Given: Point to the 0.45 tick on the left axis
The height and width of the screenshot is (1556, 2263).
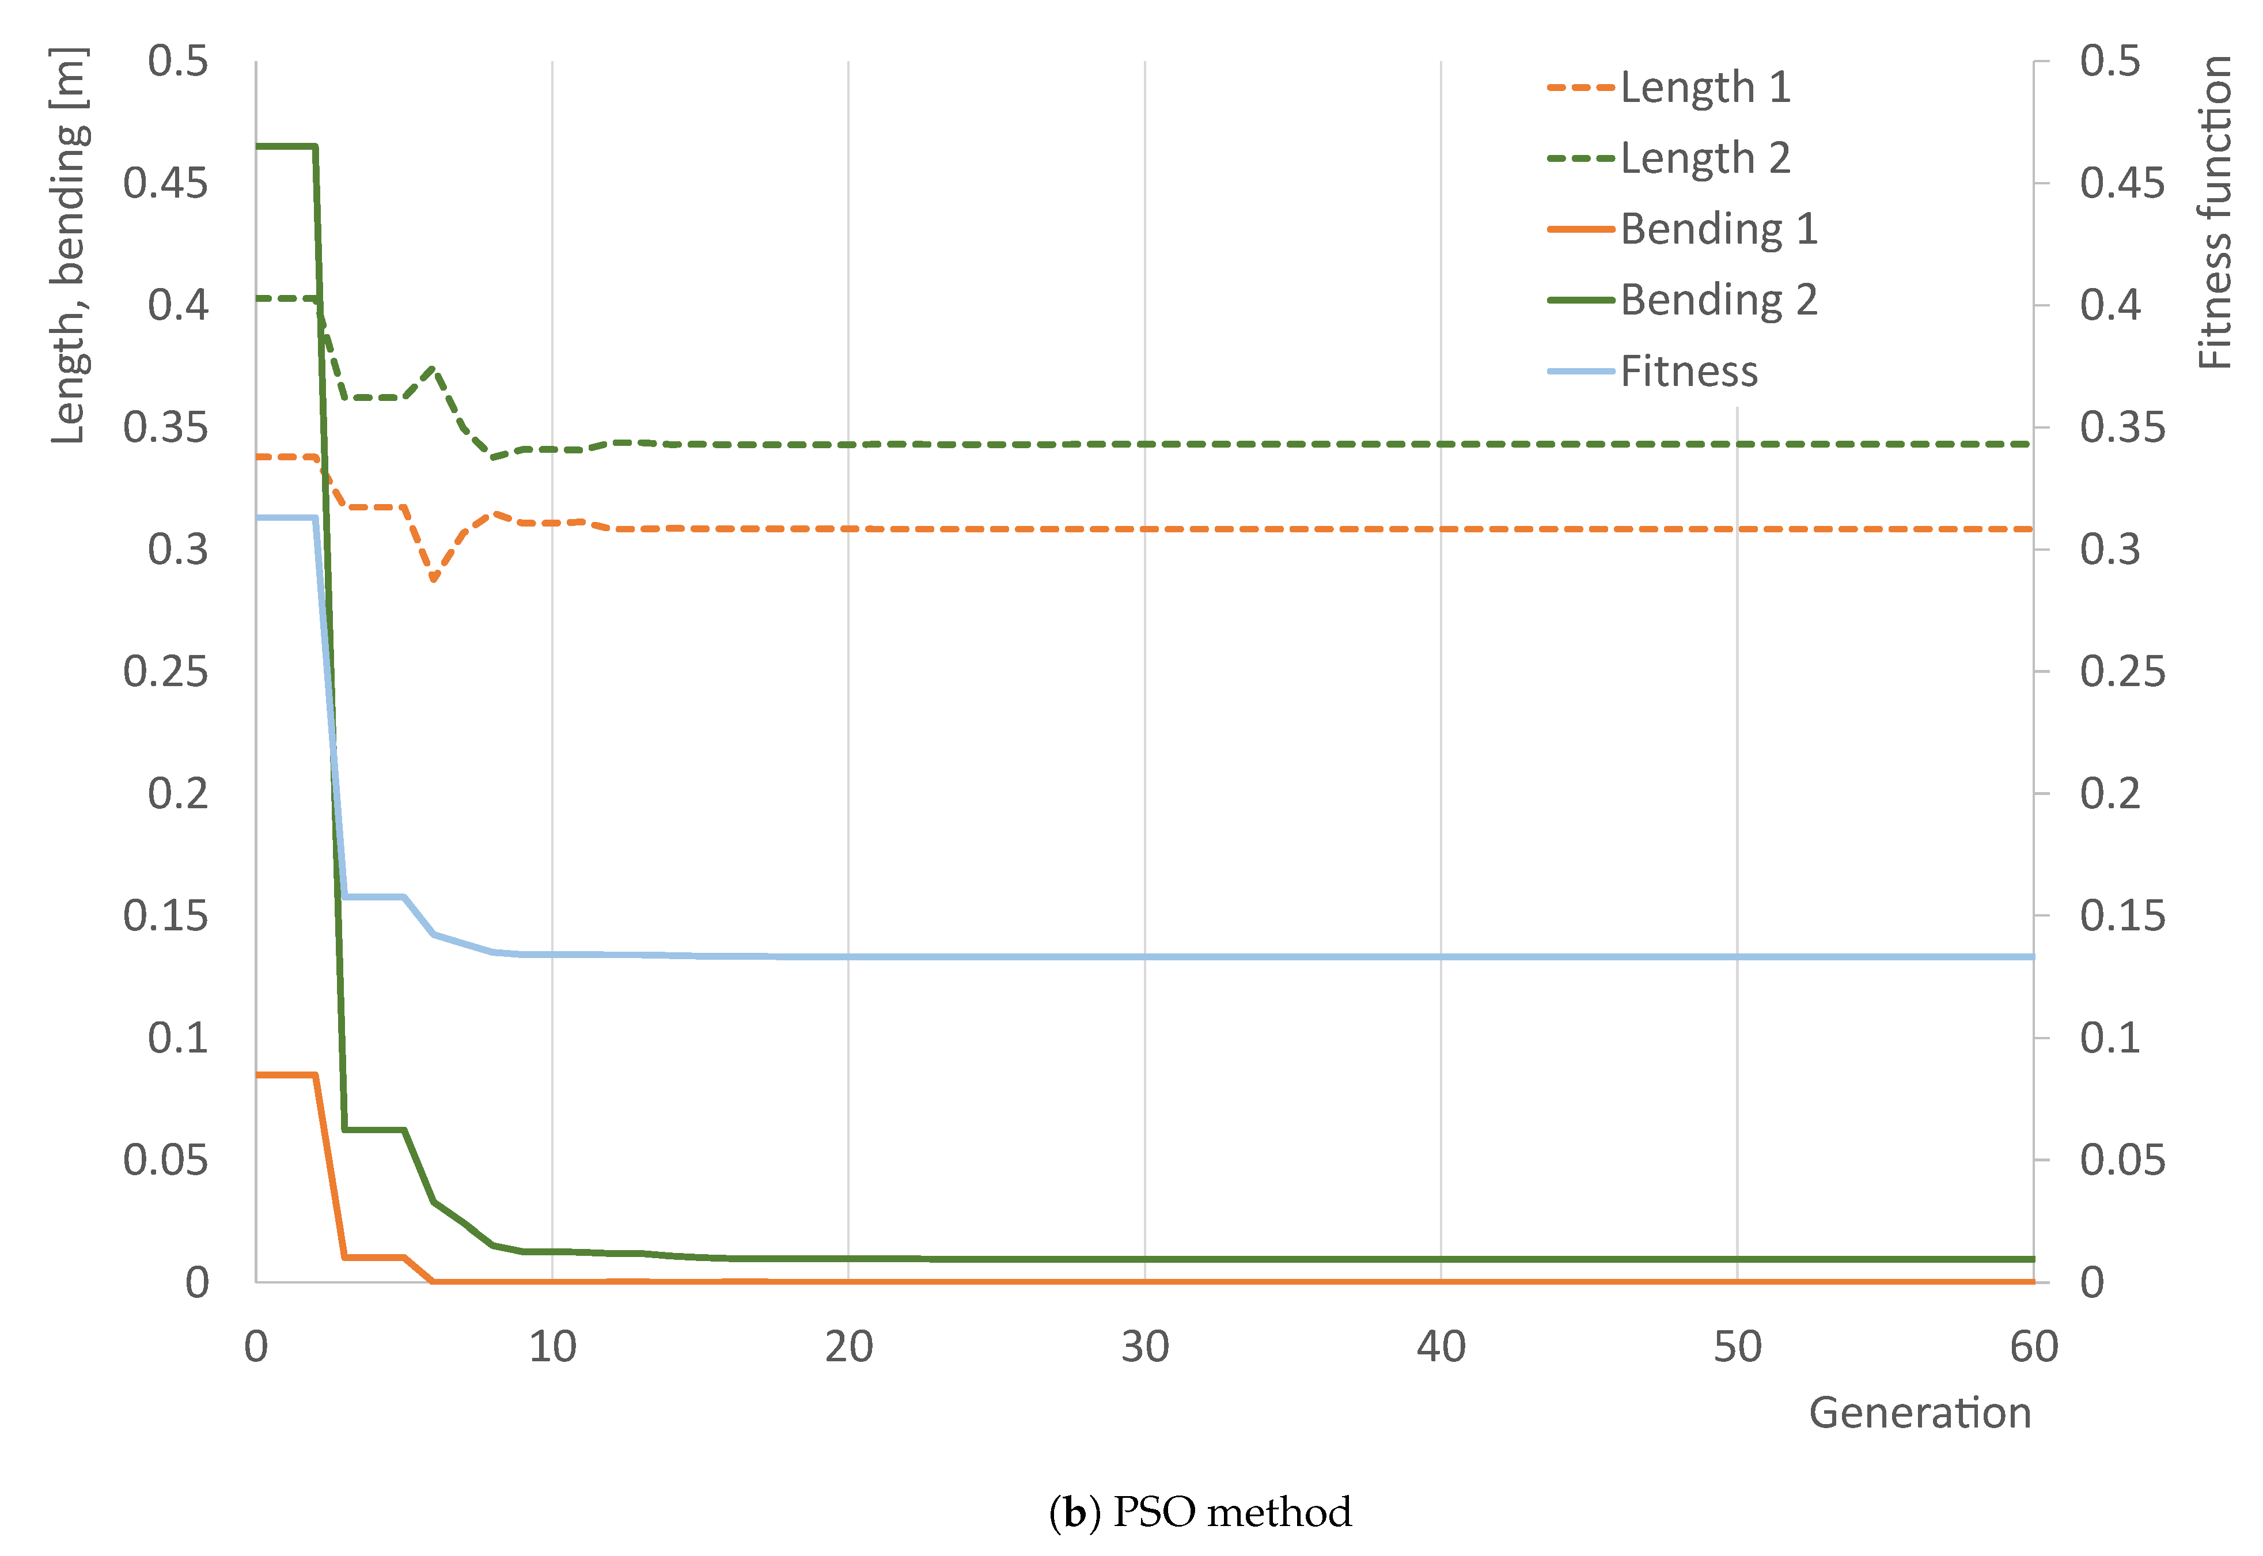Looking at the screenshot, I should click(x=166, y=183).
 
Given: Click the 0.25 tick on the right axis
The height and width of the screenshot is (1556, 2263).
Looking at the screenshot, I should click(x=2122, y=672).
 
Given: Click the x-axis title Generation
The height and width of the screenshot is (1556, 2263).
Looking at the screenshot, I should click(x=1919, y=1413).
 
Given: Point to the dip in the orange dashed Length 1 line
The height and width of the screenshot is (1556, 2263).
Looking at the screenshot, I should click(x=434, y=579).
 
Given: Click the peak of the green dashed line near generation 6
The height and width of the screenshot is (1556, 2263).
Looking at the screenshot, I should click(x=434, y=368).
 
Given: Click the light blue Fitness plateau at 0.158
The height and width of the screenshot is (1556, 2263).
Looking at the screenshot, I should click(x=374, y=896).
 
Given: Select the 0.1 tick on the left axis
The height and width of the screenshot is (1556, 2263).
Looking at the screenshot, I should click(x=179, y=1038).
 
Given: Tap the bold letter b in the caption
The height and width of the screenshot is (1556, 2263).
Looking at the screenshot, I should click(x=1075, y=1513).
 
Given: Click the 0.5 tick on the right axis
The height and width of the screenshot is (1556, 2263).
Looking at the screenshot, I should click(x=2110, y=62).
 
